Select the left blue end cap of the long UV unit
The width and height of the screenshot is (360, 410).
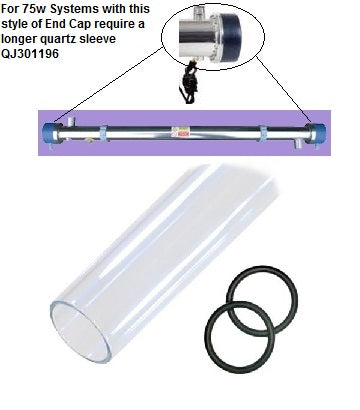pos(49,130)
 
